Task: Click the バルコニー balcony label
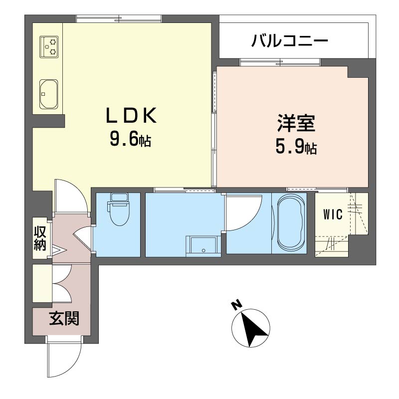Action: pyautogui.click(x=290, y=41)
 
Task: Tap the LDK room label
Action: pyautogui.click(x=131, y=116)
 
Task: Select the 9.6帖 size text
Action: pyautogui.click(x=131, y=140)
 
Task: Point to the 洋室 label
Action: pyautogui.click(x=296, y=123)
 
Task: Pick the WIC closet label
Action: pyautogui.click(x=333, y=214)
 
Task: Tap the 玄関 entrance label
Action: pyautogui.click(x=64, y=318)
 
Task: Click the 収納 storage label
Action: pyautogui.click(x=40, y=238)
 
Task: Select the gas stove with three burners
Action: pyautogui.click(x=49, y=46)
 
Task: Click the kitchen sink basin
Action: pyautogui.click(x=49, y=94)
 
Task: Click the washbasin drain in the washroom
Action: pyautogui.click(x=203, y=250)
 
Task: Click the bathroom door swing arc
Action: pyautogui.click(x=252, y=219)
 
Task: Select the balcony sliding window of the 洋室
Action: pyautogui.click(x=280, y=62)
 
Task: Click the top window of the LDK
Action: pyautogui.click(x=119, y=19)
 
